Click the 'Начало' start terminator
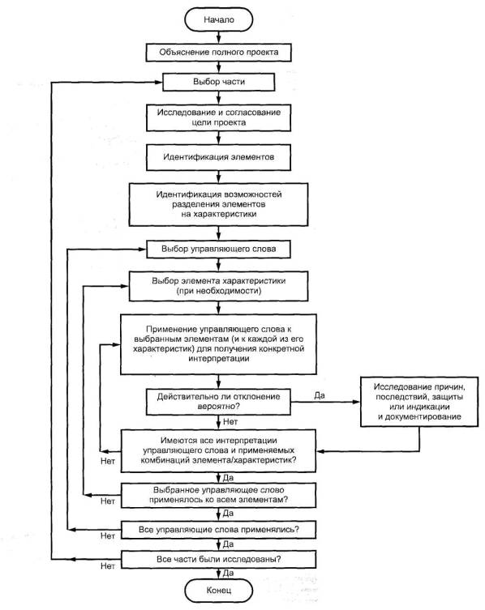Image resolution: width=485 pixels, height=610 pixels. [218, 19]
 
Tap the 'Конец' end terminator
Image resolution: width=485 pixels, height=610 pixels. [218, 591]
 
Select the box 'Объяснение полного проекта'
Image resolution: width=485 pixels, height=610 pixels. [218, 52]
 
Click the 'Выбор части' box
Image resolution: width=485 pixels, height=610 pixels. [218, 82]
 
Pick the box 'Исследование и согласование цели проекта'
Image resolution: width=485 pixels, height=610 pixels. [218, 117]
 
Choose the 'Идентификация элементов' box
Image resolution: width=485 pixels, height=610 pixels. [218, 157]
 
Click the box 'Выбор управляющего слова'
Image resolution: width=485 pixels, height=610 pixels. [218, 249]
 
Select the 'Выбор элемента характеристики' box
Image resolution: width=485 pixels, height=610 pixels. [218, 286]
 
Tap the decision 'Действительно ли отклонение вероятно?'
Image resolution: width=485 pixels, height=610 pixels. [218, 402]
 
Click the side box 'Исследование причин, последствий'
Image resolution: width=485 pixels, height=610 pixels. [419, 402]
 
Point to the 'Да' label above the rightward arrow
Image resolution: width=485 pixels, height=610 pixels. [320, 395]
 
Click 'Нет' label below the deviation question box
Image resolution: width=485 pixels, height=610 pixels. [230, 422]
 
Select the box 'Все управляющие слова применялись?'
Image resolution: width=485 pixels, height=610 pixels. [218, 530]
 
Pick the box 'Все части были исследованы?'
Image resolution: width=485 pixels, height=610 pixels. [218, 560]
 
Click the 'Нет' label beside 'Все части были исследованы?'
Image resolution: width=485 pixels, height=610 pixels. [108, 566]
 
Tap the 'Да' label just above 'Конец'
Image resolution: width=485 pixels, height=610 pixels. [228, 573]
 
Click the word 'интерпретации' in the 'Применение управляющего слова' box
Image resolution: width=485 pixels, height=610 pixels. [218, 358]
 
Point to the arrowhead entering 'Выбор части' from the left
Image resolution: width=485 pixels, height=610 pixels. [158, 82]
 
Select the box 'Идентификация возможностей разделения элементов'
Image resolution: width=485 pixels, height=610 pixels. [218, 205]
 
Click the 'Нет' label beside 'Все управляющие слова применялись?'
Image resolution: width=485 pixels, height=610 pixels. [108, 536]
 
